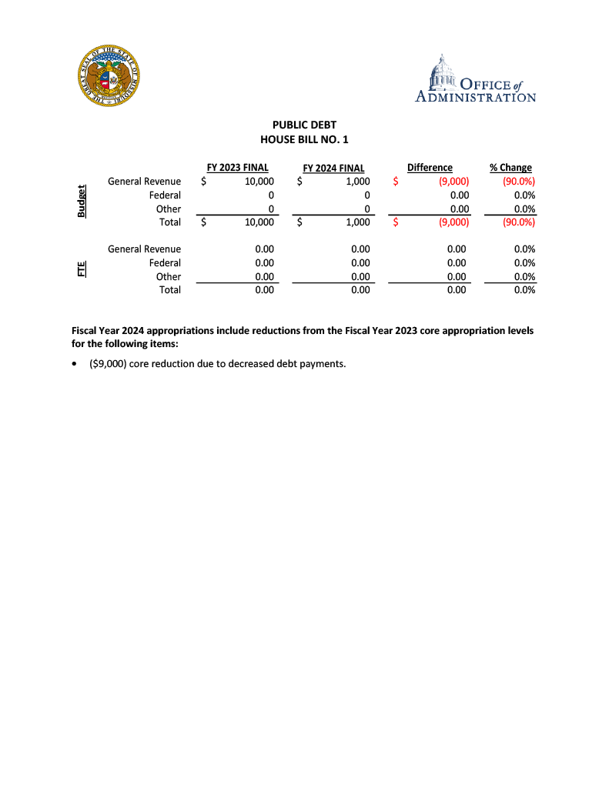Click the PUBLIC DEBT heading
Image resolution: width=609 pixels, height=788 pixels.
(x=304, y=125)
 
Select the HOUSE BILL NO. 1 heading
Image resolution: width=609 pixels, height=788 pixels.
(x=304, y=139)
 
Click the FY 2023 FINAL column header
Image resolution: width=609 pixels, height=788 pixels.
(x=237, y=167)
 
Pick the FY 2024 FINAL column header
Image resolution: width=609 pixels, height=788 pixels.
(x=333, y=168)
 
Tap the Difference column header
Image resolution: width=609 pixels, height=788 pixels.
(x=430, y=167)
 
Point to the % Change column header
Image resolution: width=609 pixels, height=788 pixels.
(x=510, y=167)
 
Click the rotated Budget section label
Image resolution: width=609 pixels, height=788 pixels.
(x=81, y=202)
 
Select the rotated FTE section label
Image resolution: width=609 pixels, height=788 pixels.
(x=81, y=269)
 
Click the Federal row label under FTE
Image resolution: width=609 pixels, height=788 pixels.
(x=165, y=262)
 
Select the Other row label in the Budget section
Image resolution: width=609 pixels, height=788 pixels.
(x=169, y=209)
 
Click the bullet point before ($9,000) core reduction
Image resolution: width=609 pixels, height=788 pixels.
(x=73, y=363)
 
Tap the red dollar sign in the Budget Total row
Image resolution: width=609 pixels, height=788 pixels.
(x=395, y=222)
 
